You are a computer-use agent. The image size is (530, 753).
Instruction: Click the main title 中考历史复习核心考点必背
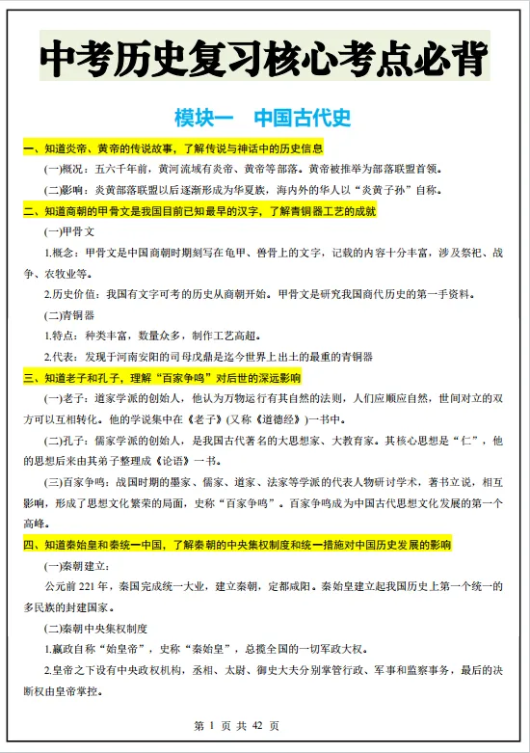click(x=264, y=59)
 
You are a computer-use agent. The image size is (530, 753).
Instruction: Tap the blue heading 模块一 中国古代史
click(x=263, y=119)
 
